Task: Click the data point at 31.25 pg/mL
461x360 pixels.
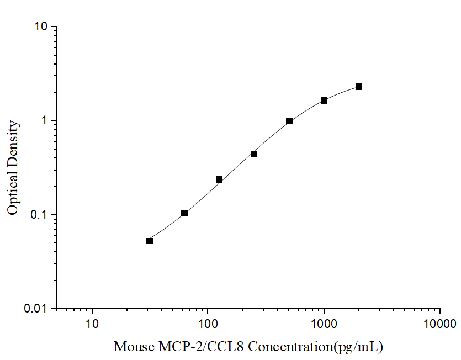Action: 150,241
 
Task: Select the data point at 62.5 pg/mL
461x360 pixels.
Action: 184,213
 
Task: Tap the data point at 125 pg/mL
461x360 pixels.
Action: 219,179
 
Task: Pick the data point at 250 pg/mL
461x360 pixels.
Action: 254,153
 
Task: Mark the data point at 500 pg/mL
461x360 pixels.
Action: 289,121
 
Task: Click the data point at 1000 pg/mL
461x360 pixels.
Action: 324,100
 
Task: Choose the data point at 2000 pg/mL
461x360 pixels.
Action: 359,87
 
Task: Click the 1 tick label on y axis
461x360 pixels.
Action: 47,121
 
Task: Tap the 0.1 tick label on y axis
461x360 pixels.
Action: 41,215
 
